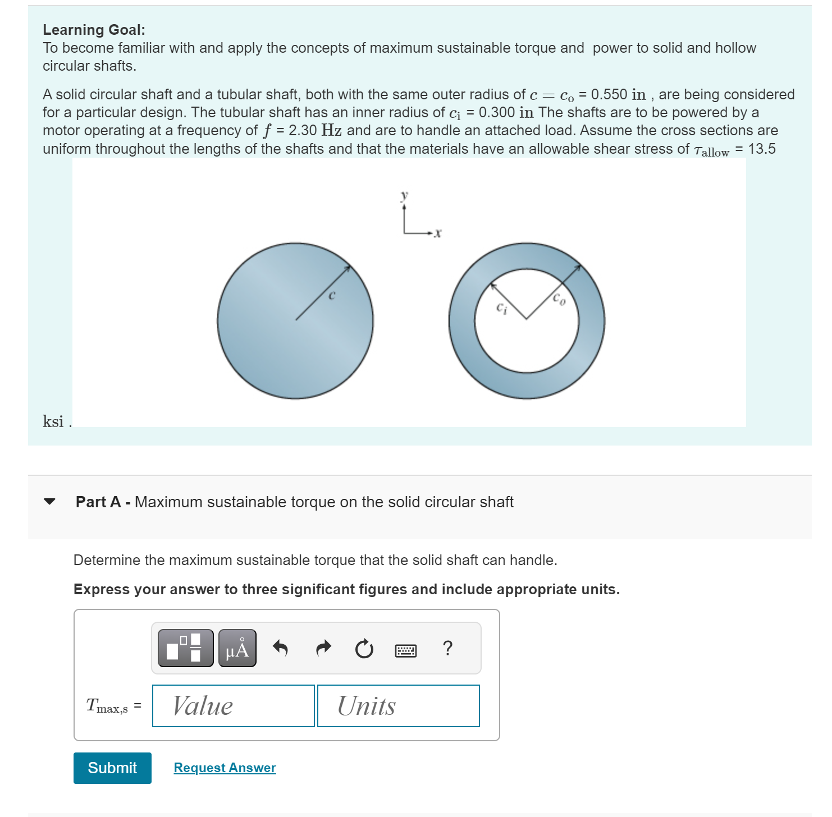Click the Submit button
coord(112,768)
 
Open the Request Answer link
coord(225,768)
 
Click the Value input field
coord(233,706)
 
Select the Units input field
coord(398,706)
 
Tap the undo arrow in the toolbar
coord(280,649)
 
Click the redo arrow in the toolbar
coord(323,649)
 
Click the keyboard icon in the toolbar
coord(405,650)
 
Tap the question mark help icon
coord(447,648)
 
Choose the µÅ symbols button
coord(237,649)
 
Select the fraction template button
coord(185,649)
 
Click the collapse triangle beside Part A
coord(50,502)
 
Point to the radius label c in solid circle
coord(331,295)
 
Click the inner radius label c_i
coord(501,308)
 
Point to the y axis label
coord(404,195)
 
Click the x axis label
coord(438,233)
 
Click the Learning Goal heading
coord(94,30)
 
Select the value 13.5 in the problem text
coord(762,149)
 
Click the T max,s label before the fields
coord(107,706)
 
